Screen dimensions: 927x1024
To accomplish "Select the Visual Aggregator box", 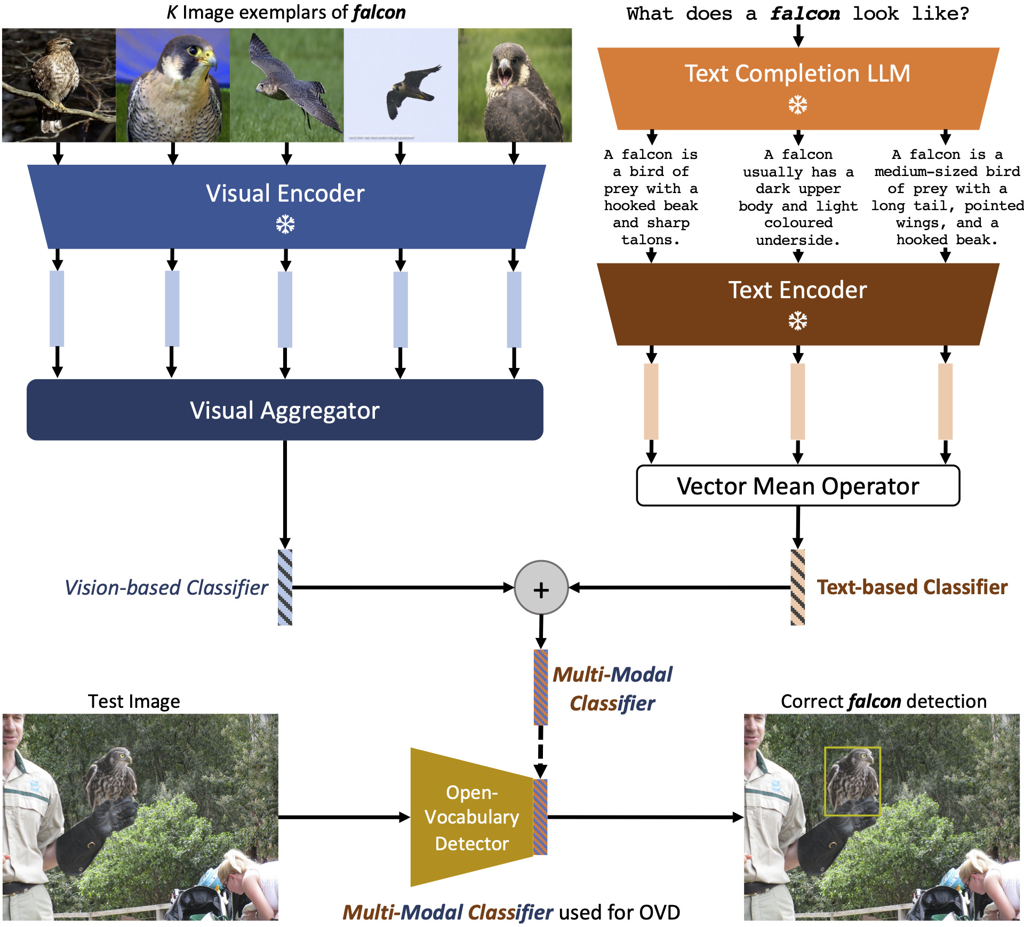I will click(285, 410).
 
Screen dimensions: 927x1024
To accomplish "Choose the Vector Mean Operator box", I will click(798, 486).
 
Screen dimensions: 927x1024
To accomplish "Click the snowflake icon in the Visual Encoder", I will click(285, 225).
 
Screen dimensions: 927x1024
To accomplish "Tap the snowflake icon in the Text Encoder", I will click(798, 321).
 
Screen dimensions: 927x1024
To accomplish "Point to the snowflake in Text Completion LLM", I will click(798, 105).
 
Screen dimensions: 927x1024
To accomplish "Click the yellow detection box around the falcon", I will click(852, 781).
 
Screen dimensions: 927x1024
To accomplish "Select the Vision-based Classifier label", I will click(166, 587).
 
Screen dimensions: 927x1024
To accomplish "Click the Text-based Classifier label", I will click(912, 587).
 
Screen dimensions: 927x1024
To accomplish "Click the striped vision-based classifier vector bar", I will click(285, 587).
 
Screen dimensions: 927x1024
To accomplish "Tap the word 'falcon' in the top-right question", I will click(805, 14).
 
